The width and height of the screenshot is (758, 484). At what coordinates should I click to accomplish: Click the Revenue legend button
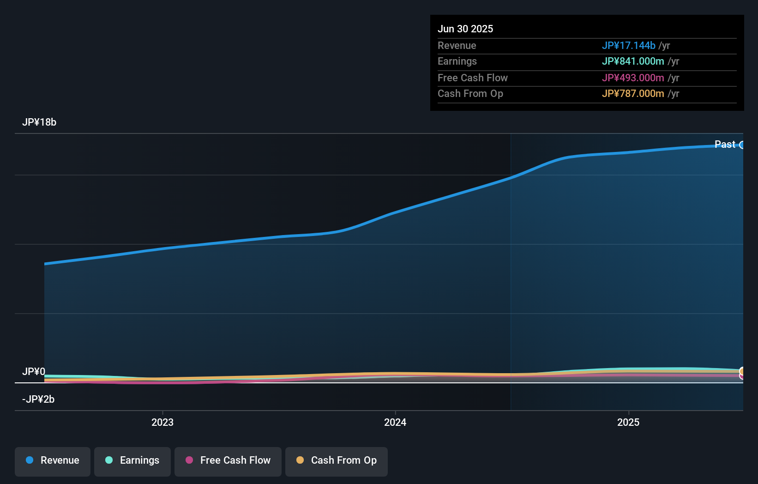tap(53, 461)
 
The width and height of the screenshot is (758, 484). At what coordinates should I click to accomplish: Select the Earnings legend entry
tap(132, 461)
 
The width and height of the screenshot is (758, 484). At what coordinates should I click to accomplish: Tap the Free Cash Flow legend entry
tap(228, 461)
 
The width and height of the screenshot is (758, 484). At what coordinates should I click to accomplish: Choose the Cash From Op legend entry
tap(337, 461)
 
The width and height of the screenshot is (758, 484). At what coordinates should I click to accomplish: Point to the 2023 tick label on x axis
tap(162, 422)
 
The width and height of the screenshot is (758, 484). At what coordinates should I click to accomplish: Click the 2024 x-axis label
tap(395, 422)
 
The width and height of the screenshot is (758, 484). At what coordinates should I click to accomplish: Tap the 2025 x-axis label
tap(628, 422)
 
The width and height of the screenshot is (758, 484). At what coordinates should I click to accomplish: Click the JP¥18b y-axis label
tap(39, 122)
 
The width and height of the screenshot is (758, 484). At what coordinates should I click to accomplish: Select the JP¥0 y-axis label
tap(34, 372)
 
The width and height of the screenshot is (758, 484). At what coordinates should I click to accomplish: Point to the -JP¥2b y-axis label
tap(38, 399)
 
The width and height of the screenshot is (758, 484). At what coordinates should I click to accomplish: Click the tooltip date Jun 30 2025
tap(465, 29)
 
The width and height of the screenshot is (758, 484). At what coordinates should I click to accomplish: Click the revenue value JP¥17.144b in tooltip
tap(628, 46)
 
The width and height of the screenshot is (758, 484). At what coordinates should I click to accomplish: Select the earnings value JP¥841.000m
tap(632, 61)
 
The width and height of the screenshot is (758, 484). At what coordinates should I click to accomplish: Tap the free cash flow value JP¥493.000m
tap(632, 78)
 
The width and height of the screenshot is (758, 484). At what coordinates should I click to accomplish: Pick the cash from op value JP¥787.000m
tap(632, 94)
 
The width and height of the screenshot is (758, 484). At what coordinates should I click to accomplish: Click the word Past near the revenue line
tap(725, 145)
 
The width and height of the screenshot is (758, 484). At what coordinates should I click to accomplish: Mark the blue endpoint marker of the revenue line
tap(742, 145)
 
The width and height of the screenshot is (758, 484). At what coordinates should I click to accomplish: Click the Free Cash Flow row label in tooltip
tap(472, 78)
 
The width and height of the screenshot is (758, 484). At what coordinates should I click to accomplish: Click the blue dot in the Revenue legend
tap(30, 460)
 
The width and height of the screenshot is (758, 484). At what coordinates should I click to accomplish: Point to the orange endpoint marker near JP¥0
tap(742, 371)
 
